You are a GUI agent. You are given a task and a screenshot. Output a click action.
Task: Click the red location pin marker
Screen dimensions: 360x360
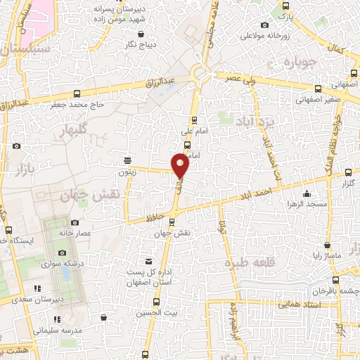[181, 165]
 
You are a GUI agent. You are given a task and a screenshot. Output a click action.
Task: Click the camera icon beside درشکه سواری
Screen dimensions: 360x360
[62, 252]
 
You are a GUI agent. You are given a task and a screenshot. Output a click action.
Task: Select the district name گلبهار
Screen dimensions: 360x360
[74, 130]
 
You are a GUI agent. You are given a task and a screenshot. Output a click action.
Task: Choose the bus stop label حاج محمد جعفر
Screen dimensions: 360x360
[77, 105]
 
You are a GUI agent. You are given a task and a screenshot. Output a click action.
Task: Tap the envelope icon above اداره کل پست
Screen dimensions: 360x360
[147, 260]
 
